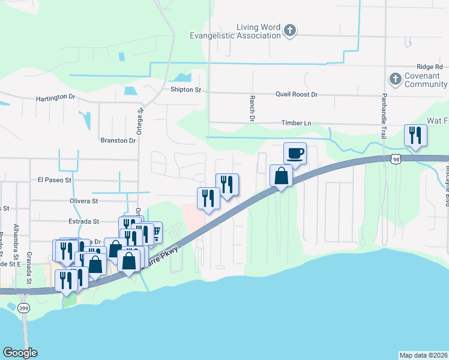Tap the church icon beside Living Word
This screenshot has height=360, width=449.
290,31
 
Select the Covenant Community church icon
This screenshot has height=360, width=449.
396,79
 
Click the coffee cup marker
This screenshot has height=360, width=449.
295,153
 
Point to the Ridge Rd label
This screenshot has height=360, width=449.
430,67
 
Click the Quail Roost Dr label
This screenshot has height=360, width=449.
296,95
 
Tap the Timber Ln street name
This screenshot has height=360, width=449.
297,123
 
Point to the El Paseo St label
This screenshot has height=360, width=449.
55,179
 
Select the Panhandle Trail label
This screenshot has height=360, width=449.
384,117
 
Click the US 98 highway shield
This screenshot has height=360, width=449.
394,158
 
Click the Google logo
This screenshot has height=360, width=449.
20,353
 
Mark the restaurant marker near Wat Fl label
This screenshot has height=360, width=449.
415,135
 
